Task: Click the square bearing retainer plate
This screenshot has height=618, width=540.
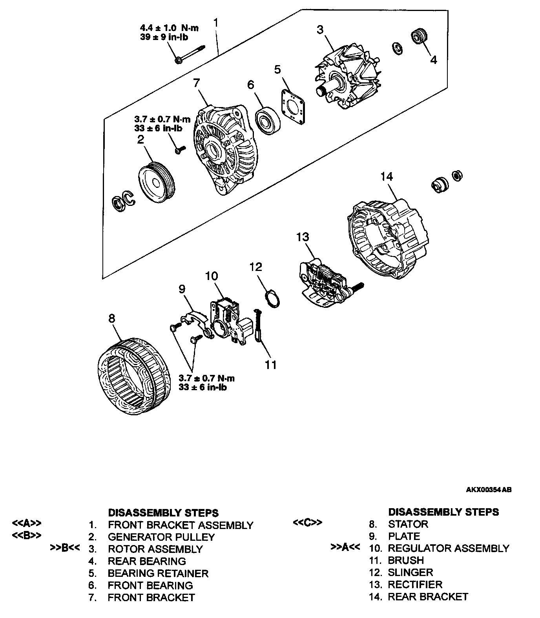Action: pos(294,105)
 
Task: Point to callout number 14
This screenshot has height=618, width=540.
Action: pos(387,177)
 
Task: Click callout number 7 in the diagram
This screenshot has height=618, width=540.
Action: pos(196,83)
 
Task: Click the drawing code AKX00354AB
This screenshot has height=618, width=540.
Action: pos(489,490)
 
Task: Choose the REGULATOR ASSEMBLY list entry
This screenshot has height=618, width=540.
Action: pos(448,548)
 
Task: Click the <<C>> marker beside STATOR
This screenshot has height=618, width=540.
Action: pos(308,523)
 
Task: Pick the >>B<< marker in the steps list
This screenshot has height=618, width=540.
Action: pos(65,548)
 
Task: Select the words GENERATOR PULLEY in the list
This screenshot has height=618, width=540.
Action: pos(161,537)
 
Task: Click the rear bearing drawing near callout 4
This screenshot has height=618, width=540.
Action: pos(418,36)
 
